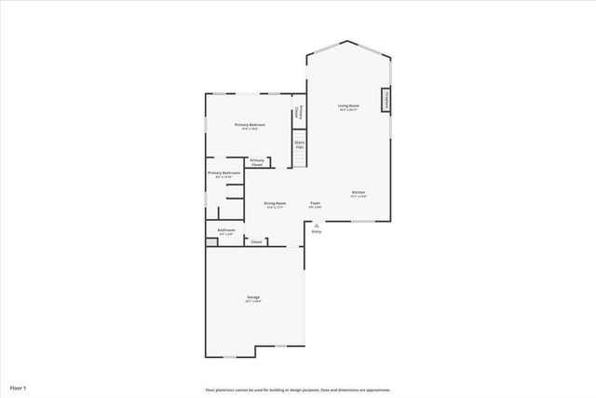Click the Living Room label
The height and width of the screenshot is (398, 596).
pyautogui.click(x=348, y=106)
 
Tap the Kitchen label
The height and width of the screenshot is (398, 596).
pyautogui.click(x=359, y=193)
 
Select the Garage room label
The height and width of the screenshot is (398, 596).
pyautogui.click(x=253, y=297)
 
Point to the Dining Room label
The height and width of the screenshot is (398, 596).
pyautogui.click(x=275, y=203)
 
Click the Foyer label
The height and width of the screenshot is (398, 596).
pyautogui.click(x=316, y=203)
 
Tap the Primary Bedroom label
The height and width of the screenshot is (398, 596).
pyautogui.click(x=250, y=125)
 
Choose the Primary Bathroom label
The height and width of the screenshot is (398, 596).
pyautogui.click(x=224, y=172)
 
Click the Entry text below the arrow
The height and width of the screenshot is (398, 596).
pyautogui.click(x=317, y=232)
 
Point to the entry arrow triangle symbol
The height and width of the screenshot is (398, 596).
pyautogui.click(x=317, y=224)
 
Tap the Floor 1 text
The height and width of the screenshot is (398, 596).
pyautogui.click(x=19, y=387)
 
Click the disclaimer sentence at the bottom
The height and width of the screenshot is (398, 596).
pyautogui.click(x=298, y=390)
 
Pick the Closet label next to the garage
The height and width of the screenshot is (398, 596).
pyautogui.click(x=256, y=241)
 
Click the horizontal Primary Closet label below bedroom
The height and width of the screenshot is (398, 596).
pyautogui.click(x=257, y=162)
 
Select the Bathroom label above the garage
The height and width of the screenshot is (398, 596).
pyautogui.click(x=226, y=229)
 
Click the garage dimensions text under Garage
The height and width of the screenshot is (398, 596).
pyautogui.click(x=253, y=302)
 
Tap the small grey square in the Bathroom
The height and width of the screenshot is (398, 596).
pyautogui.click(x=210, y=241)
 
